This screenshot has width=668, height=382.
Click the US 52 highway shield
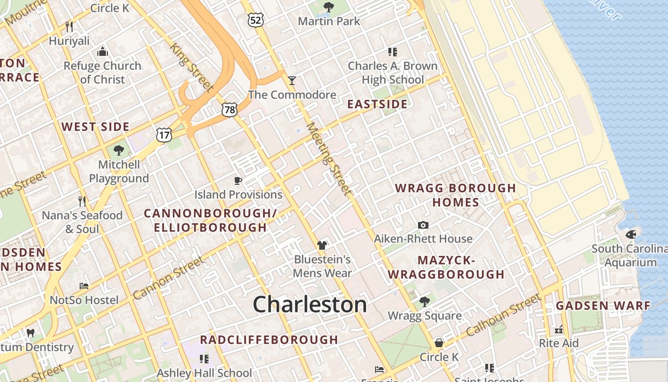click(256, 20)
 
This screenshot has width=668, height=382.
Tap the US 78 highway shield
click(230, 110)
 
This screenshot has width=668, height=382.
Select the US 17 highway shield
click(164, 135)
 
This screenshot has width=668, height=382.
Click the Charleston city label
click(310, 305)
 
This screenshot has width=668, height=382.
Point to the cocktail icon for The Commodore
click(292, 80)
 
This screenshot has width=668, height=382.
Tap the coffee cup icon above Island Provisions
click(238, 180)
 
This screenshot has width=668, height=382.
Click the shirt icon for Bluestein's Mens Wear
click(322, 245)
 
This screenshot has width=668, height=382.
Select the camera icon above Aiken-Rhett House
click(423, 225)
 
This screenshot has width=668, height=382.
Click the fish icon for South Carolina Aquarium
click(631, 234)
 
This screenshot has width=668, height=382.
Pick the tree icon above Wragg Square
click(424, 302)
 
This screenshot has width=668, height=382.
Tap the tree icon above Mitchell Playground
click(118, 151)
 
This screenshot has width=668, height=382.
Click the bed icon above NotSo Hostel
click(84, 286)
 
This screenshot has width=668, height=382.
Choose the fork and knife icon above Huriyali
click(69, 26)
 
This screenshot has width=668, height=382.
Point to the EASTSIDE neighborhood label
click(377, 104)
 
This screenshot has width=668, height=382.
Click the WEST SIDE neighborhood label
click(95, 127)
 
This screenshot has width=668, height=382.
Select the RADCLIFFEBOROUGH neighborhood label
click(269, 340)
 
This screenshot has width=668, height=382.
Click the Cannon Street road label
click(168, 278)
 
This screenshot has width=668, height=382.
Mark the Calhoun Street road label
click(504, 315)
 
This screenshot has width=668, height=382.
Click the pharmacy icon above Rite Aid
click(559, 329)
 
